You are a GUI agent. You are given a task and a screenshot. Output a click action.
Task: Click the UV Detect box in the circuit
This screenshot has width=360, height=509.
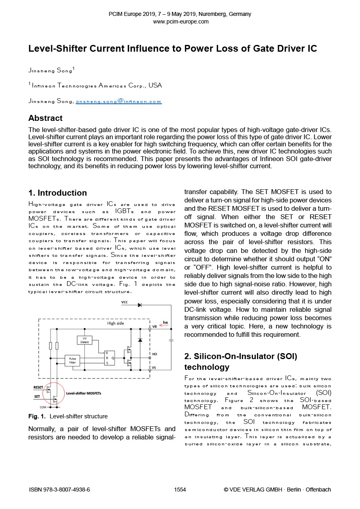click(84, 340)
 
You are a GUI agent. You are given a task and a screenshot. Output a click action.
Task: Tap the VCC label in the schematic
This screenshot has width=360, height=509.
click(125, 303)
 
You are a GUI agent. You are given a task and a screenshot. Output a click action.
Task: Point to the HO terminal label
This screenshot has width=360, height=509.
click(154, 354)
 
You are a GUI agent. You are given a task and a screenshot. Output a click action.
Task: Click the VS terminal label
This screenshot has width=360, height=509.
click(154, 368)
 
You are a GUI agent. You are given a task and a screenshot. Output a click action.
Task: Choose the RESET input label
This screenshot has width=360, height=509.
click(38, 387)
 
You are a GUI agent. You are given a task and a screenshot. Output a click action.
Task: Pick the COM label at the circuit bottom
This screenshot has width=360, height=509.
click(43, 407)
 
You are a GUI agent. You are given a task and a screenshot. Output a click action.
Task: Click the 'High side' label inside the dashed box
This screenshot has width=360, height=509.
click(115, 323)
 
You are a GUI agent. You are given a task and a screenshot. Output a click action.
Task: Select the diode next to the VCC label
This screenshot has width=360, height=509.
click(140, 305)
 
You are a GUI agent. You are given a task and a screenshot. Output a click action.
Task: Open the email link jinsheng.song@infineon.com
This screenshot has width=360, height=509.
click(119, 101)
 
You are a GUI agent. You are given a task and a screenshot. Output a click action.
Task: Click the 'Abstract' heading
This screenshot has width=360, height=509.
click(45, 118)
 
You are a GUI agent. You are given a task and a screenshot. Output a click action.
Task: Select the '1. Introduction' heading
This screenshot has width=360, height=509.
click(58, 193)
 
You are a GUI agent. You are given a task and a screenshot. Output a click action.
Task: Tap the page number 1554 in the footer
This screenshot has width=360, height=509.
click(180, 490)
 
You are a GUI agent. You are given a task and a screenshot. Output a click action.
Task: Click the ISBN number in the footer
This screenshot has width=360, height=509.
click(60, 490)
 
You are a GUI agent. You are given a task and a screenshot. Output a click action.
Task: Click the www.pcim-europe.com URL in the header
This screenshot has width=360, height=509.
click(180, 21)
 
